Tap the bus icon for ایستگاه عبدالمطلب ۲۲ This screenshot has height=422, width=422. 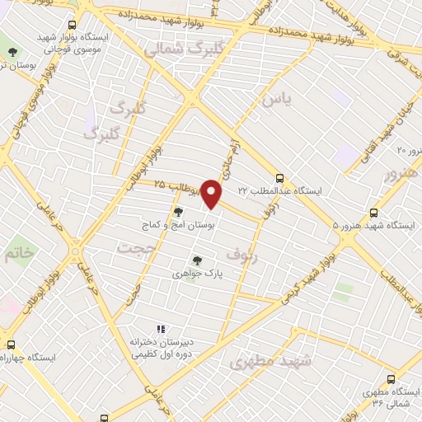(x=281, y=177)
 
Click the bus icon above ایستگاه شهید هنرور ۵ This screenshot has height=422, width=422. (x=374, y=212)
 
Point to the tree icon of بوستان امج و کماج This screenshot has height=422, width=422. (x=178, y=212)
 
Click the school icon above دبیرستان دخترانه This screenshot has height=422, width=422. (x=162, y=330)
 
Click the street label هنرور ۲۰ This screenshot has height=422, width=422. (x=409, y=152)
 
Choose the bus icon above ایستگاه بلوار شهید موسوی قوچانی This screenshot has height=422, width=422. (x=72, y=26)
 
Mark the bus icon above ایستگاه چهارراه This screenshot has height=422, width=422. (x=11, y=345)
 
